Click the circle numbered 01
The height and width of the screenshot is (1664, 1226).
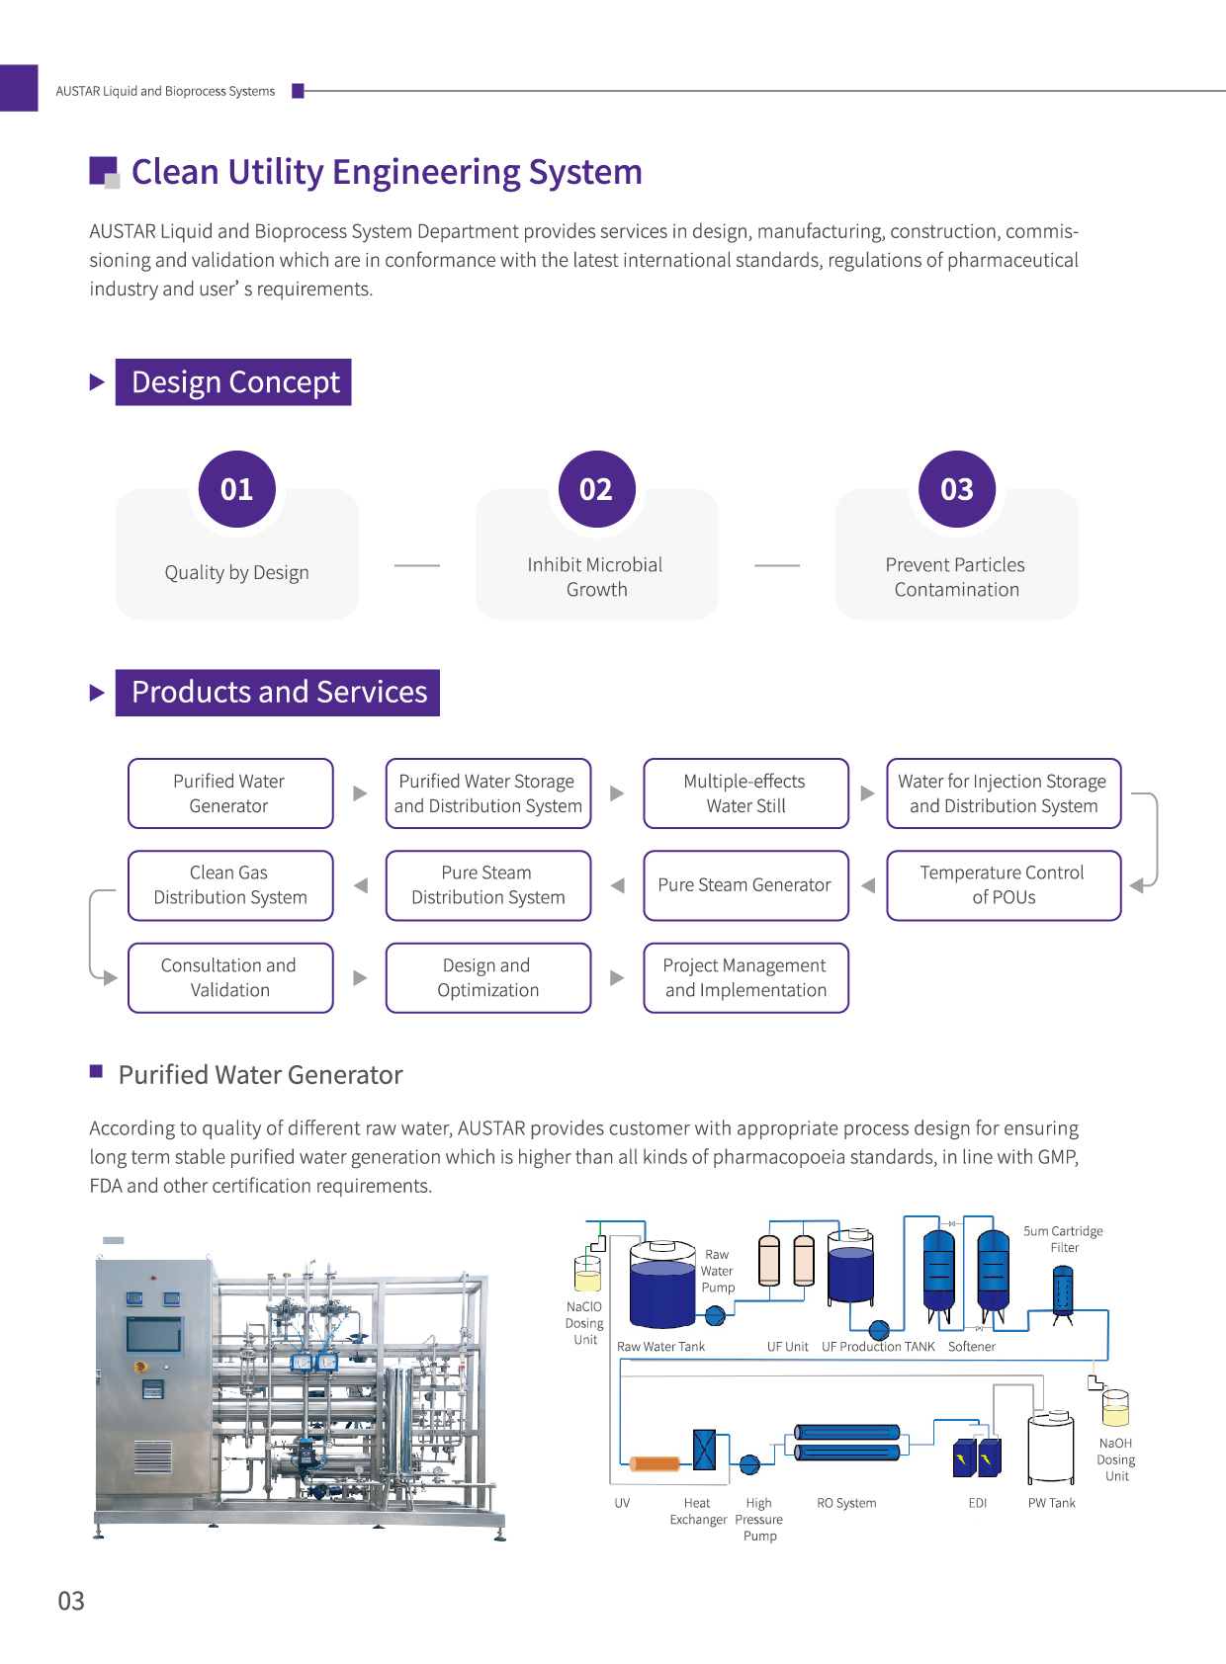(236, 489)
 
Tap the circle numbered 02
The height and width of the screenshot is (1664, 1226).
(596, 489)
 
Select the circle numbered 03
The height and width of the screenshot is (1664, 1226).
(956, 489)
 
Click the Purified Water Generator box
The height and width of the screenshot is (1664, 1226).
(229, 793)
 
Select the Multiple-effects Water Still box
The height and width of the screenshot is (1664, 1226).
(745, 793)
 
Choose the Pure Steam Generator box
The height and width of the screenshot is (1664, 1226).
(745, 885)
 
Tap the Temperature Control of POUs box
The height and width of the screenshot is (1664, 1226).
(1003, 885)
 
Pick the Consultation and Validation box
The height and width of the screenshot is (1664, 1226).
(229, 977)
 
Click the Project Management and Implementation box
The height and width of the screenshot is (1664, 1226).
(745, 977)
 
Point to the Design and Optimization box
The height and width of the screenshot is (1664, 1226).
(487, 977)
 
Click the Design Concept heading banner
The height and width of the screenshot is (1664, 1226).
(234, 382)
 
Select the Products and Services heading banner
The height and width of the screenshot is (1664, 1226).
(278, 693)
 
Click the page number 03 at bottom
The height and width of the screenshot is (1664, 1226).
(71, 1601)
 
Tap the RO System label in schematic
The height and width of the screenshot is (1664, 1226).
(846, 1503)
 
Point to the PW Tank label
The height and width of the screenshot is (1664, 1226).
(1051, 1503)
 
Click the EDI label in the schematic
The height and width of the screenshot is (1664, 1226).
(977, 1503)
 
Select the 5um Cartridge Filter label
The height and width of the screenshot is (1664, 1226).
(1063, 1239)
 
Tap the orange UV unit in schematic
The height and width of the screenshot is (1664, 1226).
(656, 1463)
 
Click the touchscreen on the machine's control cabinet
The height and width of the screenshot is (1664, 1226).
(153, 1335)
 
